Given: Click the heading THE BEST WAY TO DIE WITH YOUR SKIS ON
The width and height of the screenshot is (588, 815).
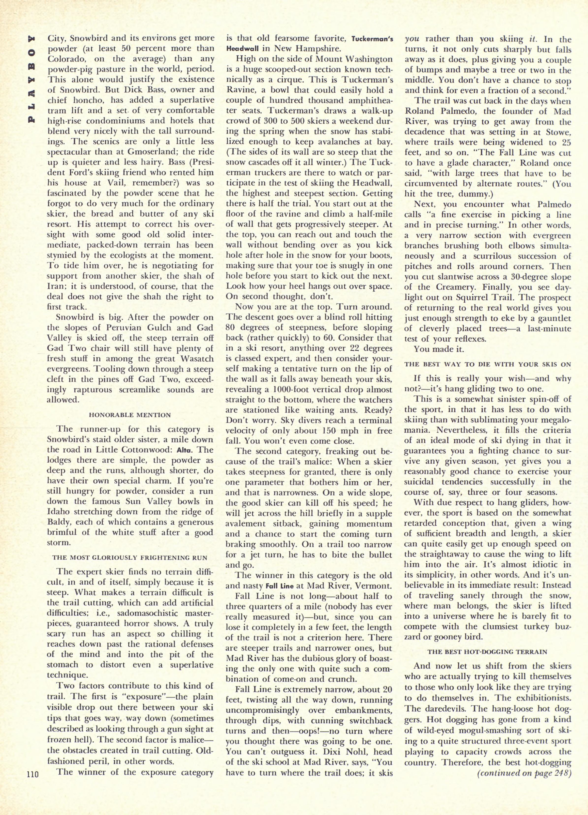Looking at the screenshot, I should point(487,364).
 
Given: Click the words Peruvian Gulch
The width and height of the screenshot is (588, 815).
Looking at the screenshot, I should point(136,327).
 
